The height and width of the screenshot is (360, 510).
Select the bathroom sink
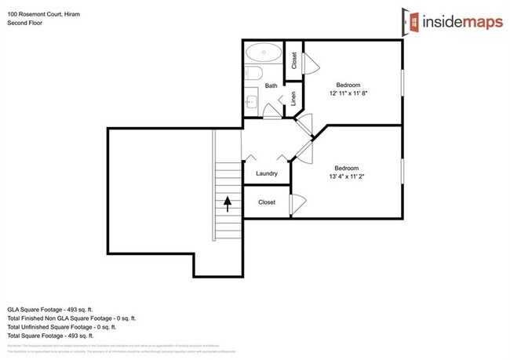click(x=251, y=101)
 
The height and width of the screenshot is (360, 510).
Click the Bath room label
click(x=271, y=85)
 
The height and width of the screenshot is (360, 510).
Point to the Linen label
click(x=293, y=100)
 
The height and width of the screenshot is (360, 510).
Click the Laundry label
click(x=268, y=173)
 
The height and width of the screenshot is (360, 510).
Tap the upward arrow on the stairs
click(x=228, y=204)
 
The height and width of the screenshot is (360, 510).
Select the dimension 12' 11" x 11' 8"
click(x=348, y=93)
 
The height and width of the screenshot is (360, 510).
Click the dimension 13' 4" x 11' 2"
click(x=346, y=176)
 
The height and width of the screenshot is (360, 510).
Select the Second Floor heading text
click(x=25, y=24)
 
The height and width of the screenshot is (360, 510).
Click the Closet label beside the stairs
click(x=267, y=202)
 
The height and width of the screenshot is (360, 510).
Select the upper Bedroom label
click(x=348, y=85)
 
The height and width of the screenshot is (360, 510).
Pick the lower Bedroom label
click(x=346, y=168)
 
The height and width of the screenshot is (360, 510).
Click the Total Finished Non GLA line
click(x=71, y=318)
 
